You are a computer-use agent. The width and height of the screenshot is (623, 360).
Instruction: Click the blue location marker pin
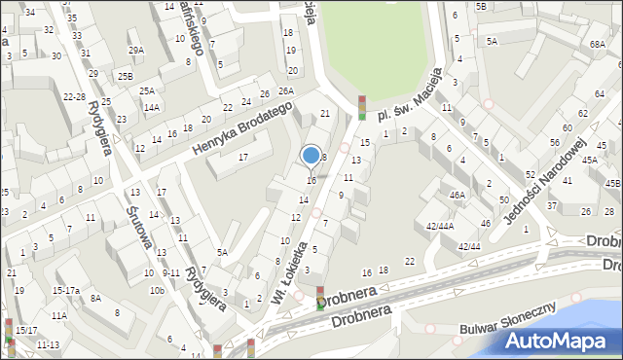tap(311, 155)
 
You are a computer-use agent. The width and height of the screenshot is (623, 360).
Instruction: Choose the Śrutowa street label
tap(136, 222)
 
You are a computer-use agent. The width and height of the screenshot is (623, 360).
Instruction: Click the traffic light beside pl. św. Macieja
tap(362, 108)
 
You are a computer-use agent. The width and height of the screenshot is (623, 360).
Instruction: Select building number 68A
tap(597, 45)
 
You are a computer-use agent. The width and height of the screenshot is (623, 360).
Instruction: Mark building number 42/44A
tap(439, 226)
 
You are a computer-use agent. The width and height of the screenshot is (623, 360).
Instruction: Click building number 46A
tap(456, 196)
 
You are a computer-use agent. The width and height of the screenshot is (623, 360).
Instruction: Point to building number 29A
tap(136, 50)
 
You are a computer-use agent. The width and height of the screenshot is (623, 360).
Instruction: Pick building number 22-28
tap(74, 96)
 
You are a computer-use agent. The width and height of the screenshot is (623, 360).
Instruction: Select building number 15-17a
tap(66, 290)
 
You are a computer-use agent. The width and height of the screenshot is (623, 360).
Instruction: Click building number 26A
tap(285, 90)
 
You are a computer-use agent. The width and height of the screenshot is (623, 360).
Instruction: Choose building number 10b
tap(156, 290)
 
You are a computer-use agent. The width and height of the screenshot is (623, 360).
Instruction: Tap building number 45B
tap(612, 182)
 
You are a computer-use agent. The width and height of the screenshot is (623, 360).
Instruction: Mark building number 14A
tap(151, 107)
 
